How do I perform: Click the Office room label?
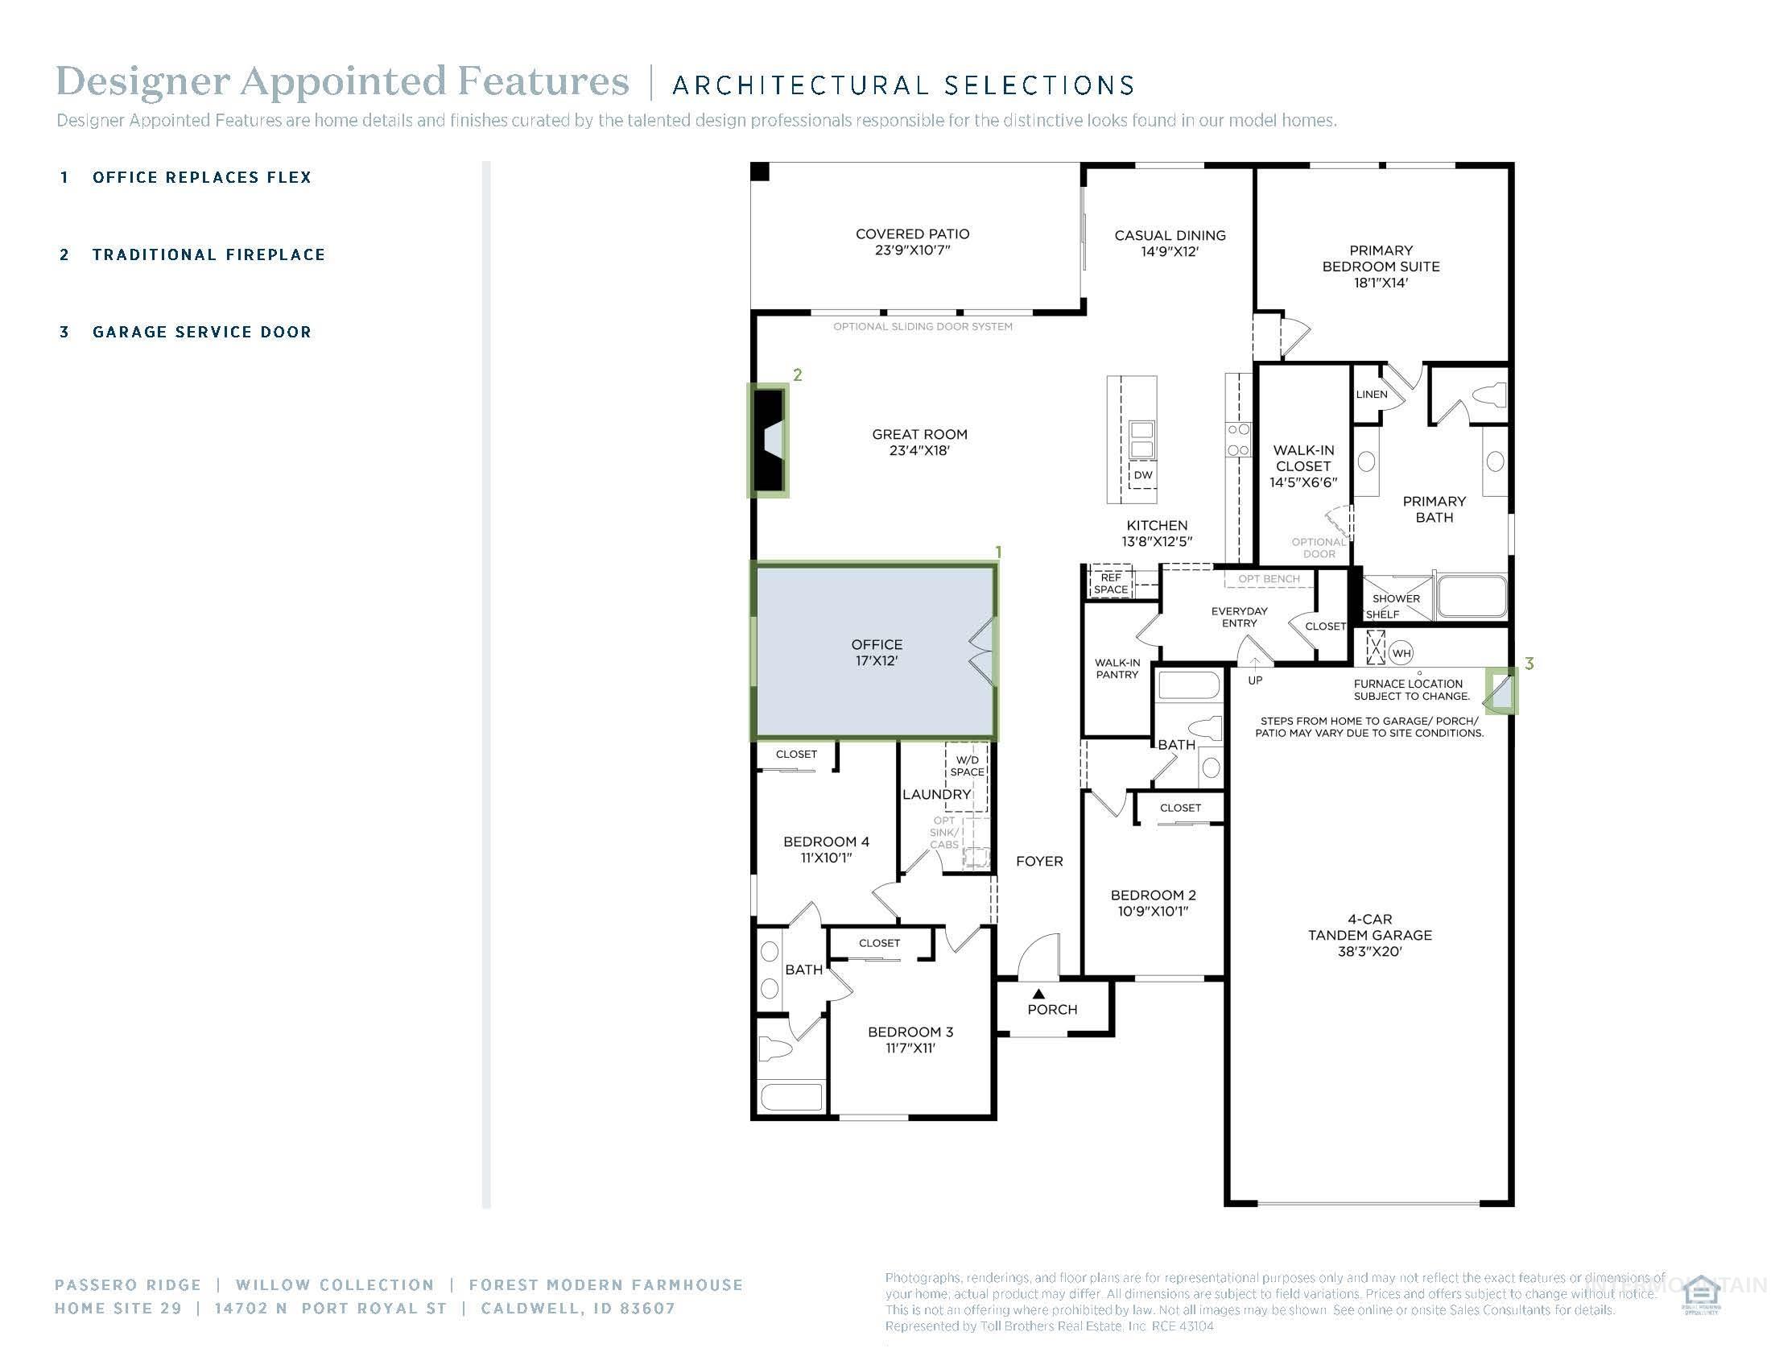876,652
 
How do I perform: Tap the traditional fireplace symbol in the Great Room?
768,441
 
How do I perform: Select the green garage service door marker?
1501,690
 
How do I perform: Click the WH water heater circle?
1402,652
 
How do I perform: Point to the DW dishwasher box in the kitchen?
1142,474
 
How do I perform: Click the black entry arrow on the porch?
1038,994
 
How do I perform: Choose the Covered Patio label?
912,242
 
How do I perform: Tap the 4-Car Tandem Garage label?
1369,934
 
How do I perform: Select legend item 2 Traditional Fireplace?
208,254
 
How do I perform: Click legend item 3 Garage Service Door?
201,332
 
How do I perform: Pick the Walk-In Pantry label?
1117,668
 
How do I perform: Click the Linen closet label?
1371,394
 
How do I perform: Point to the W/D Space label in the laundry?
967,766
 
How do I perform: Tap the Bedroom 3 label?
910,1039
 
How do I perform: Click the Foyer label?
1038,862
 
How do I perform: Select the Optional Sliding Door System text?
922,327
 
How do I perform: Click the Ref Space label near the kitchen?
1110,583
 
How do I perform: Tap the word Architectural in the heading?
799,85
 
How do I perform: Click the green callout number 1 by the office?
998,552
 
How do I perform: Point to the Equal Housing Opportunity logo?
1700,1295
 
